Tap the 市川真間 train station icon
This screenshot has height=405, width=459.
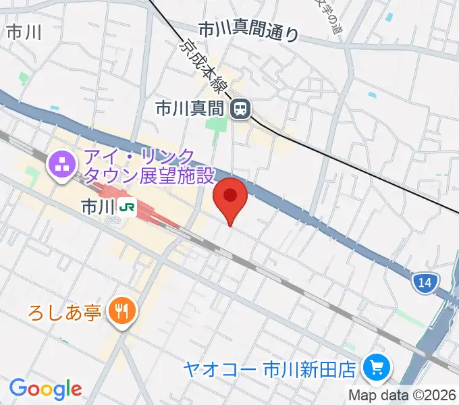coord(240,107)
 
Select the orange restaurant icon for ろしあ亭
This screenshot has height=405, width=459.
coord(123,311)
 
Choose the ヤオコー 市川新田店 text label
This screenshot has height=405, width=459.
coord(270,369)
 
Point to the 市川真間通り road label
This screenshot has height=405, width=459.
coord(248,31)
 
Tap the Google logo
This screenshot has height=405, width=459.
coord(45,389)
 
